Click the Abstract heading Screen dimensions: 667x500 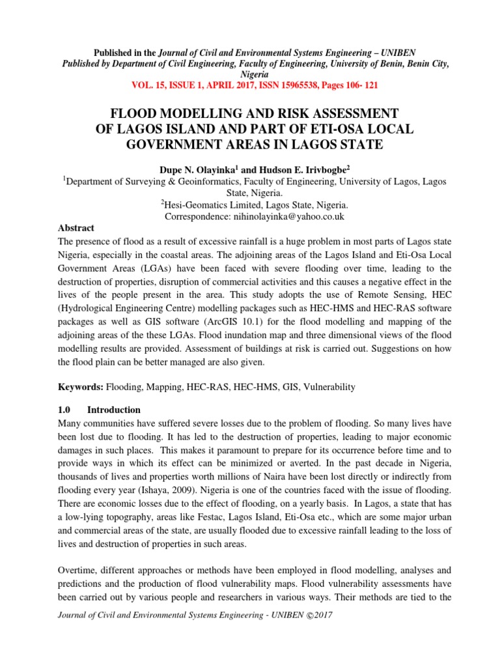tap(76, 228)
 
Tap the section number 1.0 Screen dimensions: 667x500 tap(67, 410)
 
